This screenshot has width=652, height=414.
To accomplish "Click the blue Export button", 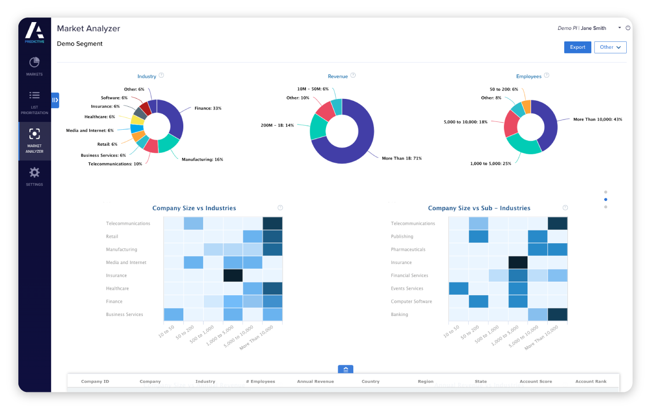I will click(x=577, y=47).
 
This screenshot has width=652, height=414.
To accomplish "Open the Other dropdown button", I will click(x=610, y=47).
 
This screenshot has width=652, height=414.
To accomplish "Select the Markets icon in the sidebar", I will click(x=34, y=63).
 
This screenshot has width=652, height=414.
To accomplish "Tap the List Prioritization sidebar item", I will click(x=34, y=102).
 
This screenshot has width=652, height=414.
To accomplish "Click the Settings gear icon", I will click(x=34, y=172).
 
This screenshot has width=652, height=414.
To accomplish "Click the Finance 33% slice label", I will click(x=208, y=109).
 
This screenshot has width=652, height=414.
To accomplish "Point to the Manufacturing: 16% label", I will click(x=202, y=160).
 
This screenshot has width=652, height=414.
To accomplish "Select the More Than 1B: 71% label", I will click(x=402, y=158).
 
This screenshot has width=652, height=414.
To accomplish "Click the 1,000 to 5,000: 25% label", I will click(x=490, y=164).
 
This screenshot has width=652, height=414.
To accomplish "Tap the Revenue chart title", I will click(x=338, y=76).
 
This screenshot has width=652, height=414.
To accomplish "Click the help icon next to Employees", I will click(x=546, y=75).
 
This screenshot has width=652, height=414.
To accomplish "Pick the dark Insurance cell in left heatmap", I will click(x=233, y=276).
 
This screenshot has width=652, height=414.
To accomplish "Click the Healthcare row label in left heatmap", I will click(x=118, y=288).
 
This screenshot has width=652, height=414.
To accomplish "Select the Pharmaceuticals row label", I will click(x=408, y=249).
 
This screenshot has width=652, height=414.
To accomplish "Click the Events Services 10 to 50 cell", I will click(x=458, y=288).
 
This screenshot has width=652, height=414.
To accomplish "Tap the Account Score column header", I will click(x=536, y=381).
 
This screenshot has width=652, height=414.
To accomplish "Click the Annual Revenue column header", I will click(x=315, y=381).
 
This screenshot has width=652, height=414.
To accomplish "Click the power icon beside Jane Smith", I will click(x=628, y=28).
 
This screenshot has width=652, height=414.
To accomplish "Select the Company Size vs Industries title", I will click(x=194, y=208).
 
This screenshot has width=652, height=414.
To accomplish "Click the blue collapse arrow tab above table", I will click(x=346, y=369).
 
